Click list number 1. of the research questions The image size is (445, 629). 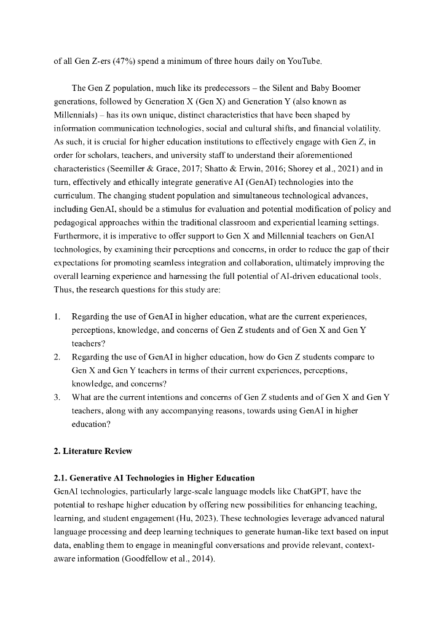57,316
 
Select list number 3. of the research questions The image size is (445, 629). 57,397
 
